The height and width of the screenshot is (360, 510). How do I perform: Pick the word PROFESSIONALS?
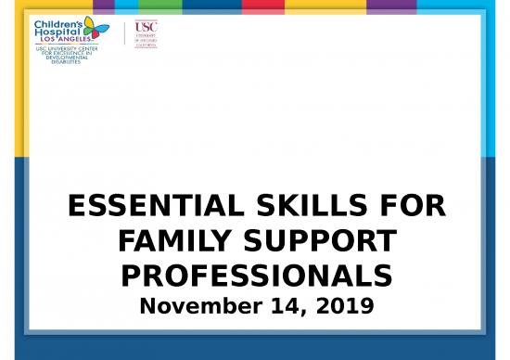coord(255,277)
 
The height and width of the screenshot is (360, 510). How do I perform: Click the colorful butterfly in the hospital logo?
coord(96,29)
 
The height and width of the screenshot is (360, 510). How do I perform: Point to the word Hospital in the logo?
coord(58,32)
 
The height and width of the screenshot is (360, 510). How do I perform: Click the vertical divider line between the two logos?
coord(124,34)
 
